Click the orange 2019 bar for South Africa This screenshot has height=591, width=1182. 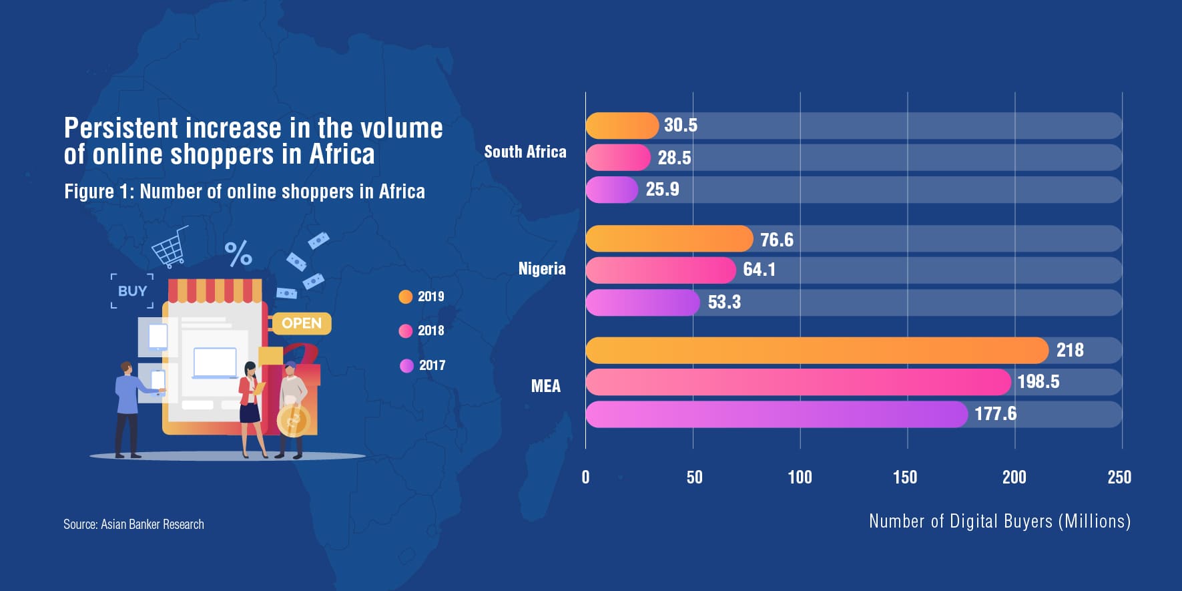click(621, 126)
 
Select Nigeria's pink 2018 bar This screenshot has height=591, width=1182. click(660, 270)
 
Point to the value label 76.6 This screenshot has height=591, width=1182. click(777, 240)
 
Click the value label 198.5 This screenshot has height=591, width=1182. click(1038, 382)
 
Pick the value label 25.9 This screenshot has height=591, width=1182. click(662, 190)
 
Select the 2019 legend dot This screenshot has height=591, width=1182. click(405, 297)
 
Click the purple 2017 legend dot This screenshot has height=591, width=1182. click(406, 365)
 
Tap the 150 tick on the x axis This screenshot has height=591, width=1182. click(905, 477)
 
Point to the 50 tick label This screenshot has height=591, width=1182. click(694, 477)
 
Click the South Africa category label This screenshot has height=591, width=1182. click(525, 152)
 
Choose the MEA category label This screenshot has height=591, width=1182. click(545, 386)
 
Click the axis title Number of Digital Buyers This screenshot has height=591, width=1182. click(999, 521)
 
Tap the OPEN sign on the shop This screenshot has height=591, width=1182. click(302, 323)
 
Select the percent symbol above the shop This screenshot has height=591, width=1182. click(238, 253)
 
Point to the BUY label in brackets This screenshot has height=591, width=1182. click(132, 291)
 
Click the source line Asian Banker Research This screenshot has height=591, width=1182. click(133, 524)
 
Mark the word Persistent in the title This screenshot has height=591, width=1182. click(121, 128)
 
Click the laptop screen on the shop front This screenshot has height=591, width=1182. click(214, 362)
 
